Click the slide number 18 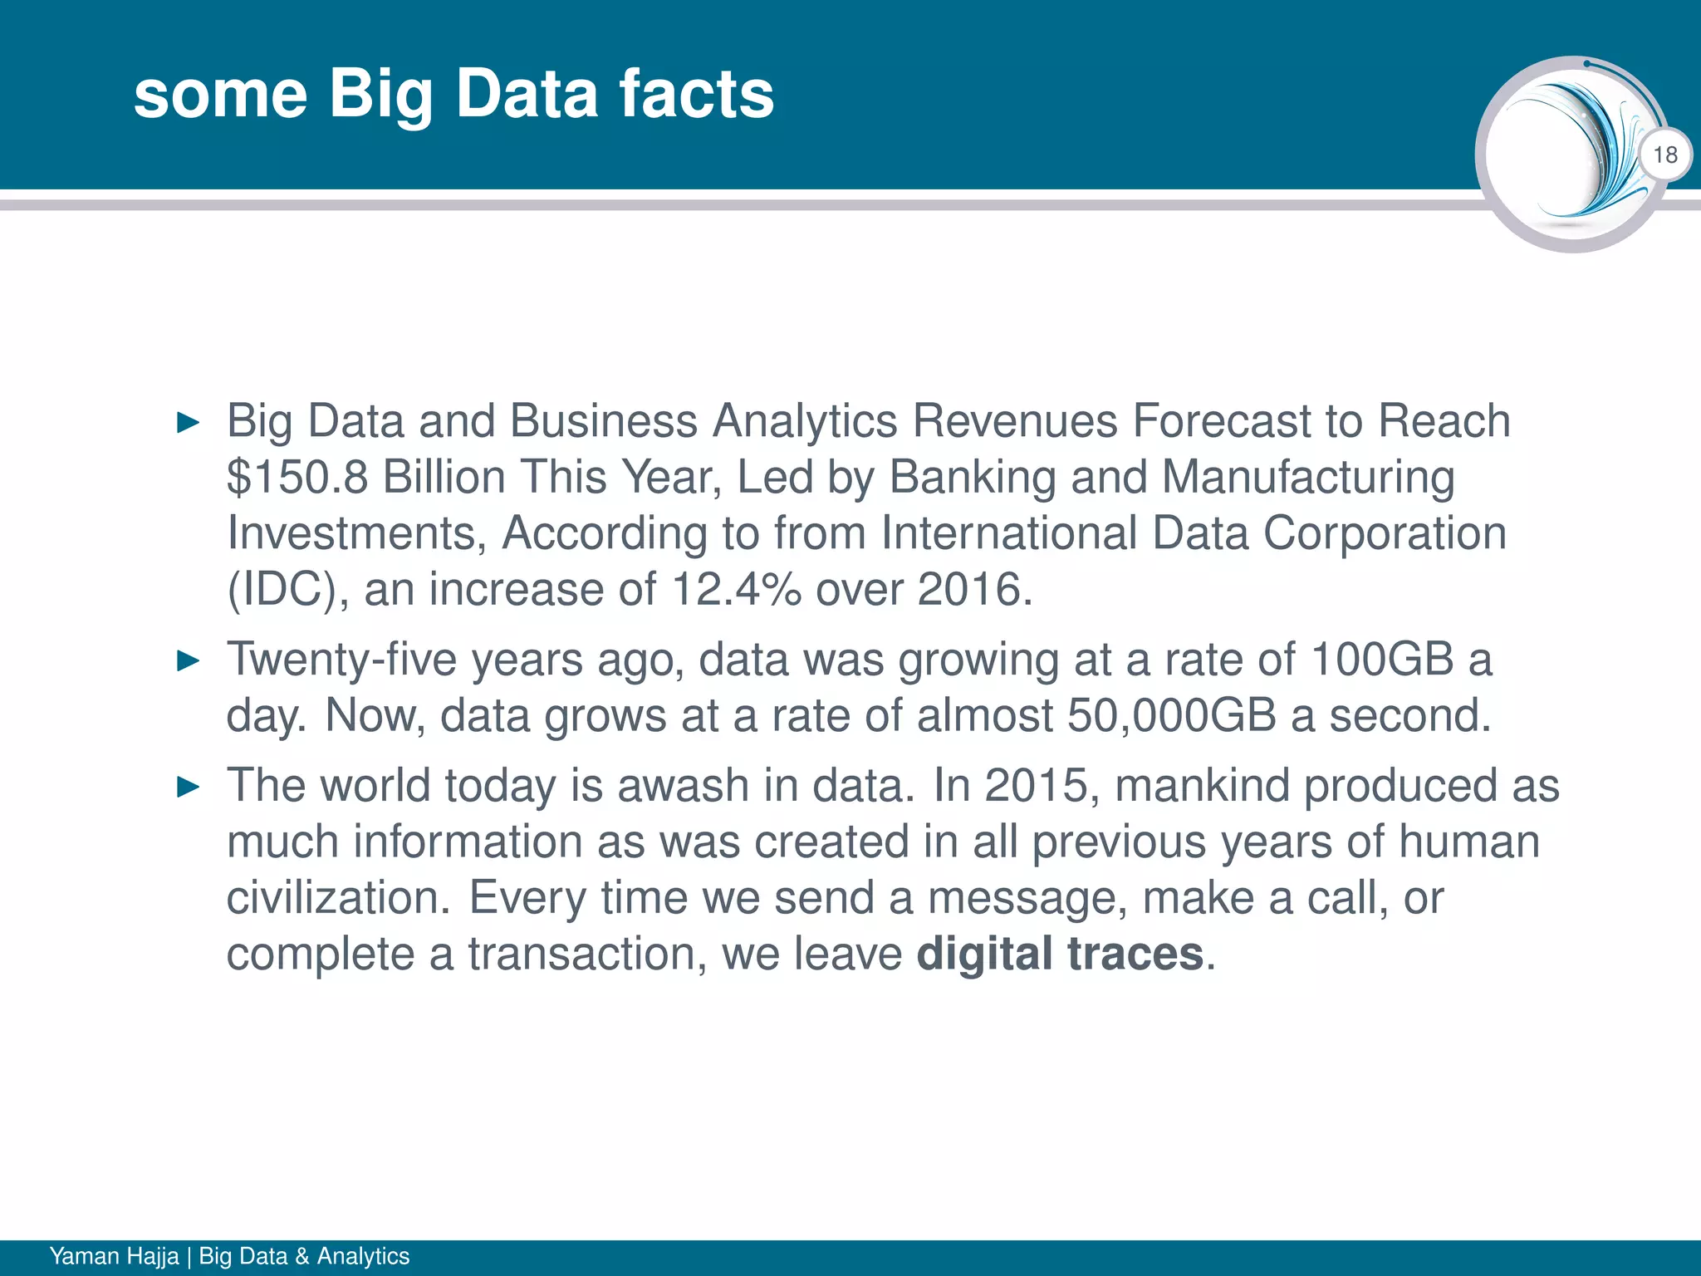[1664, 155]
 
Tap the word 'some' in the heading [220, 95]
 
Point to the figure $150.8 [297, 478]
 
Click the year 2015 [1036, 786]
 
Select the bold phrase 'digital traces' [1060, 954]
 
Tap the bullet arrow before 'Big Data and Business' [189, 423]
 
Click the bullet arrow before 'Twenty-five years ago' [189, 662]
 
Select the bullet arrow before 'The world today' [189, 788]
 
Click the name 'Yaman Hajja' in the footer [114, 1256]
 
